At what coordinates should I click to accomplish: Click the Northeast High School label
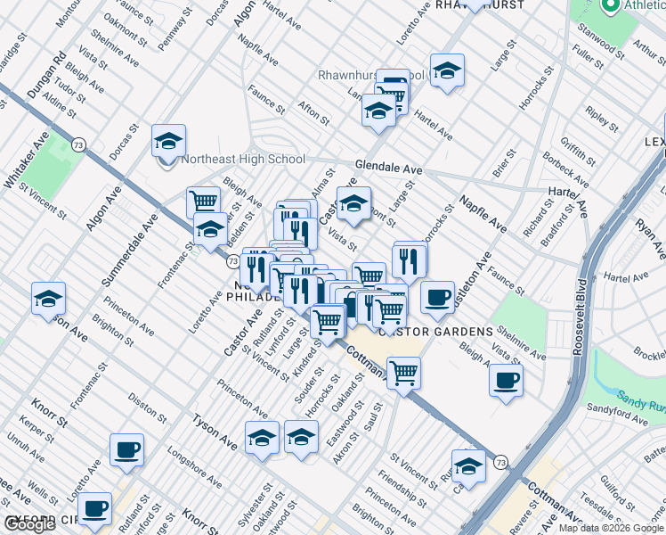tap(242, 160)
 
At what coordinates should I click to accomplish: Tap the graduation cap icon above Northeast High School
tap(167, 140)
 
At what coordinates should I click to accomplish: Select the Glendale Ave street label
tap(388, 168)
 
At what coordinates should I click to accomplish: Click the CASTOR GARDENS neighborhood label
tap(436, 332)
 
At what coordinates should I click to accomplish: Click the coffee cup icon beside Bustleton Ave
tap(437, 297)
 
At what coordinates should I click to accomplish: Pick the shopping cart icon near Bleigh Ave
tap(204, 201)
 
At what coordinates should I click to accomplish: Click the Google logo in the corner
tap(30, 524)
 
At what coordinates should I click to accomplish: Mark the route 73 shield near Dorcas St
tap(79, 144)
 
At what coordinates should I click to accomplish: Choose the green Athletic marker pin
tap(611, 6)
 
